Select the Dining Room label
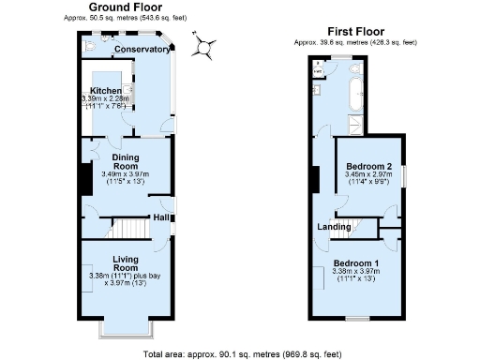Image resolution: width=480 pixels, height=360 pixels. coord(131,162)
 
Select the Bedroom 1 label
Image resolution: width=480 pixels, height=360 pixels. coord(354,262)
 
